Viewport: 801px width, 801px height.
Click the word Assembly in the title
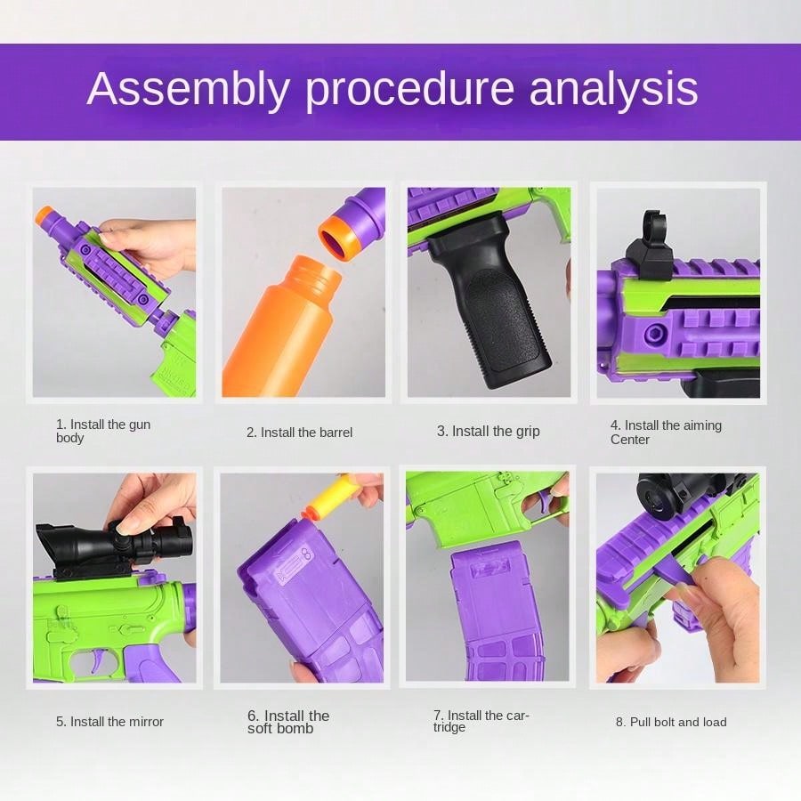188,90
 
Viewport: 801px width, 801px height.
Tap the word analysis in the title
613,90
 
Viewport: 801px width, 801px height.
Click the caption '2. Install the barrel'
299,433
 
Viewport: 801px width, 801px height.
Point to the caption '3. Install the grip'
488,431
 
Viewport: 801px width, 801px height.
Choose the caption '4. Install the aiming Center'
665,432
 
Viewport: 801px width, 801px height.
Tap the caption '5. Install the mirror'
109,722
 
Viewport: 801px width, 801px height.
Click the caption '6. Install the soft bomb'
287,722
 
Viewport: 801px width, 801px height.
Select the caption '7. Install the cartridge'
481,721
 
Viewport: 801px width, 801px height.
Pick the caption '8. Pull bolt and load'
670,722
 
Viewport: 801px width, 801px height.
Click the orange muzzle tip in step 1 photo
45,216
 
